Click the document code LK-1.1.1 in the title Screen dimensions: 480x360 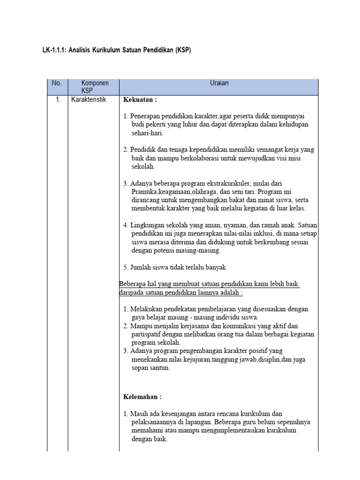[x=54, y=50]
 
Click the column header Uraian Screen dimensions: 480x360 [x=219, y=83]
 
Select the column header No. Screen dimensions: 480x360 [x=57, y=83]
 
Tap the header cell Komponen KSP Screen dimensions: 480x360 [x=94, y=87]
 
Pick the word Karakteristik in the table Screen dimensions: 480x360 [x=89, y=99]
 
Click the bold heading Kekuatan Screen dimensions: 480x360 [x=140, y=100]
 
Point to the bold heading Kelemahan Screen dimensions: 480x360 [x=142, y=397]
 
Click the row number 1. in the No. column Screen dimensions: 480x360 [x=57, y=99]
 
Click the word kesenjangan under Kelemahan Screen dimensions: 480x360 [x=176, y=413]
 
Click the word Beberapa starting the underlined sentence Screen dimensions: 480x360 [x=134, y=284]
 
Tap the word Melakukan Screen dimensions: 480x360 [x=147, y=309]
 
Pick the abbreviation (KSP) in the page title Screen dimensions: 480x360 [x=184, y=50]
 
